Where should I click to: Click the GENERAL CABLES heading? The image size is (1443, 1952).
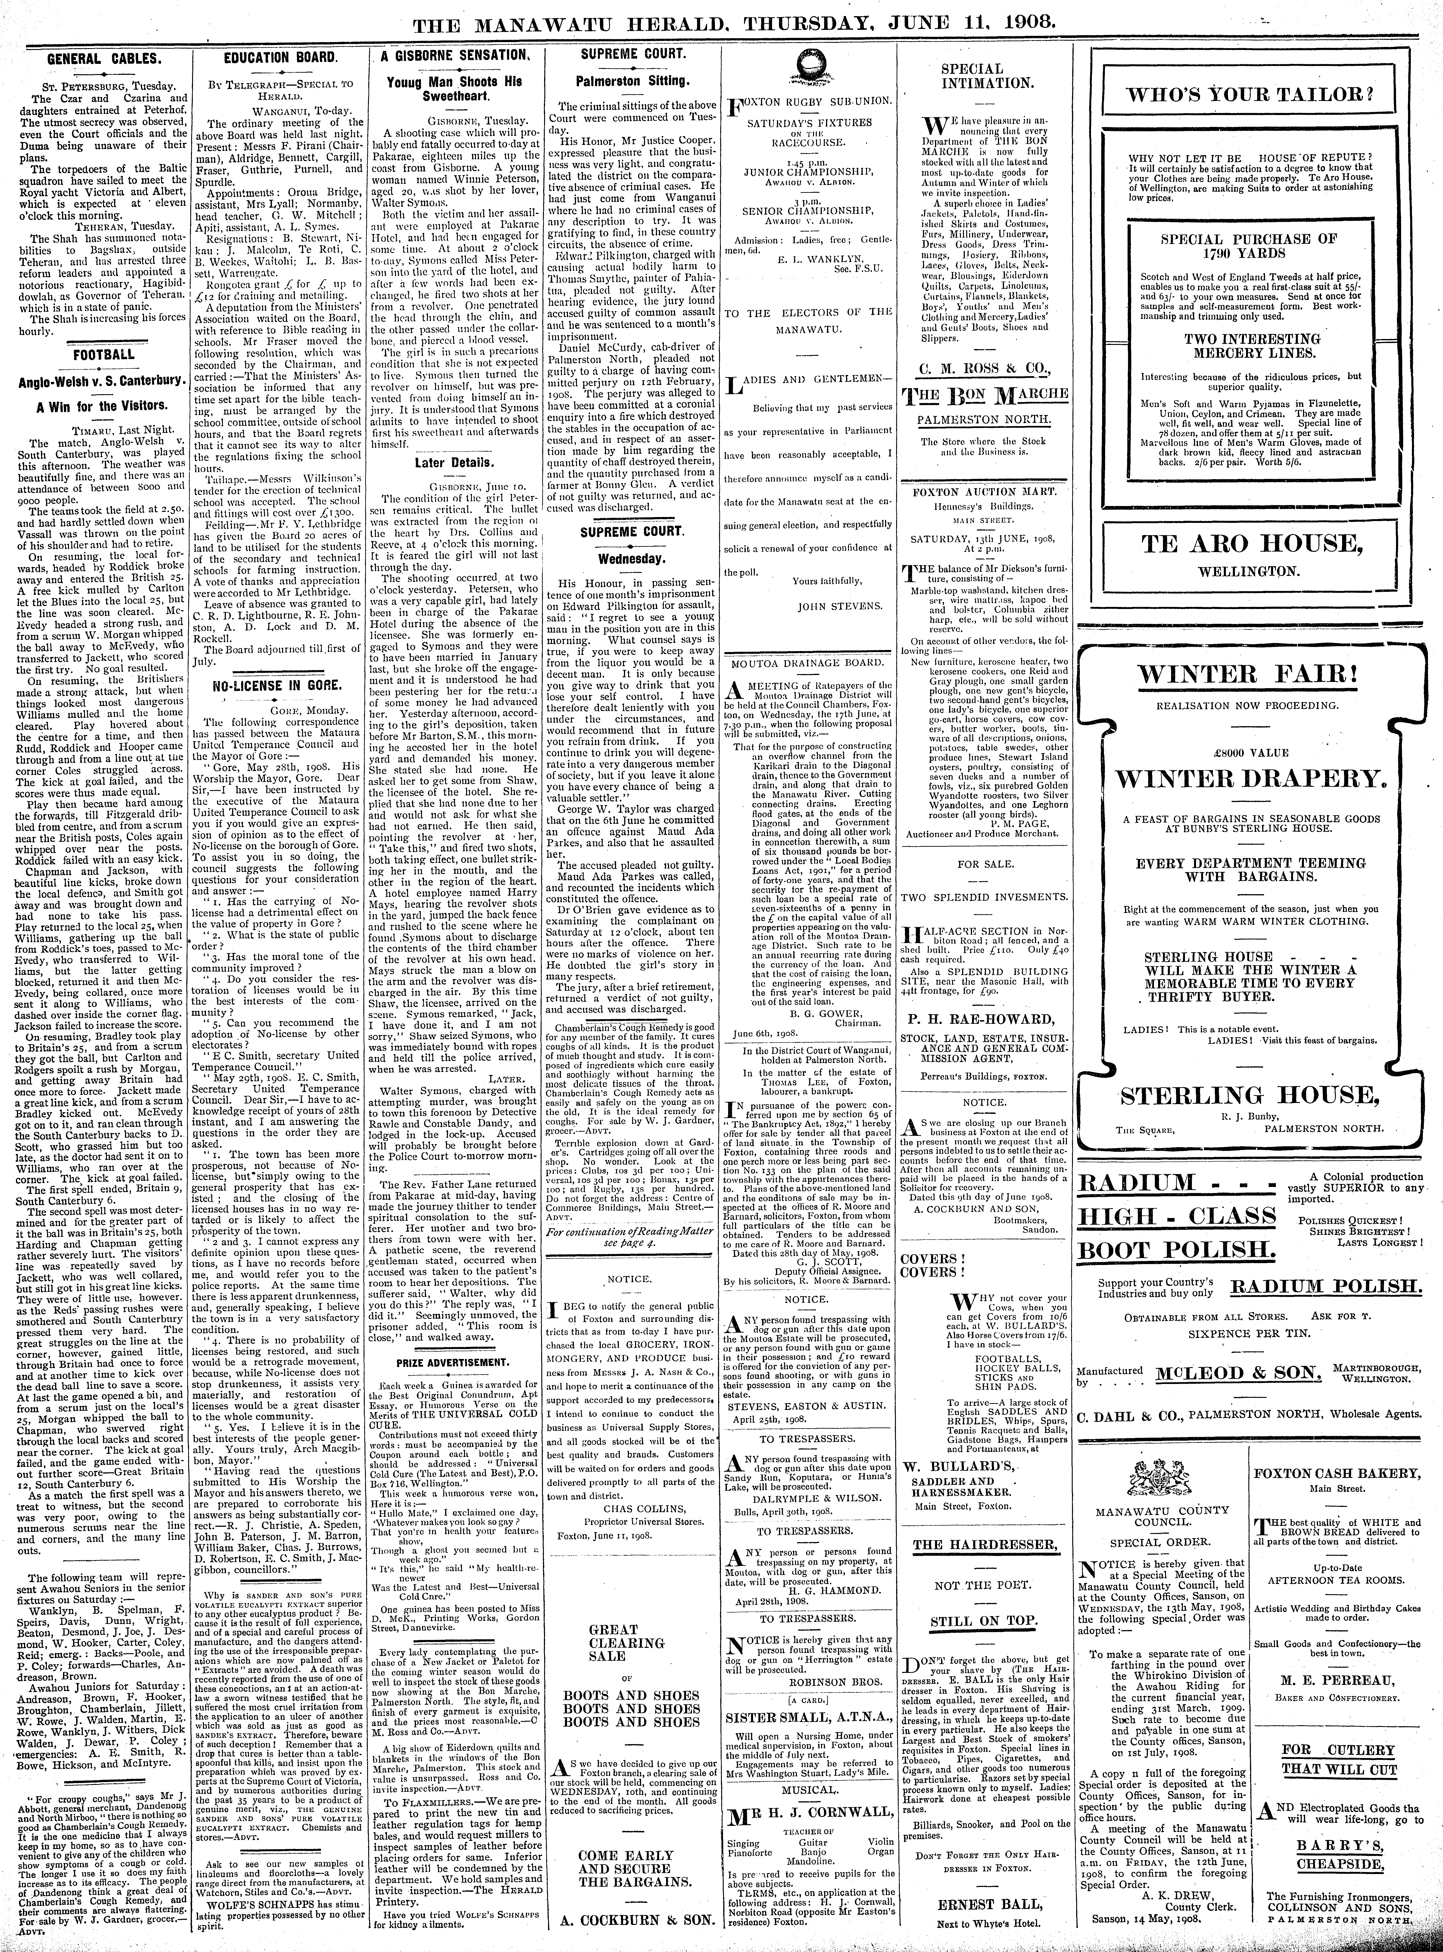click(x=102, y=59)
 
